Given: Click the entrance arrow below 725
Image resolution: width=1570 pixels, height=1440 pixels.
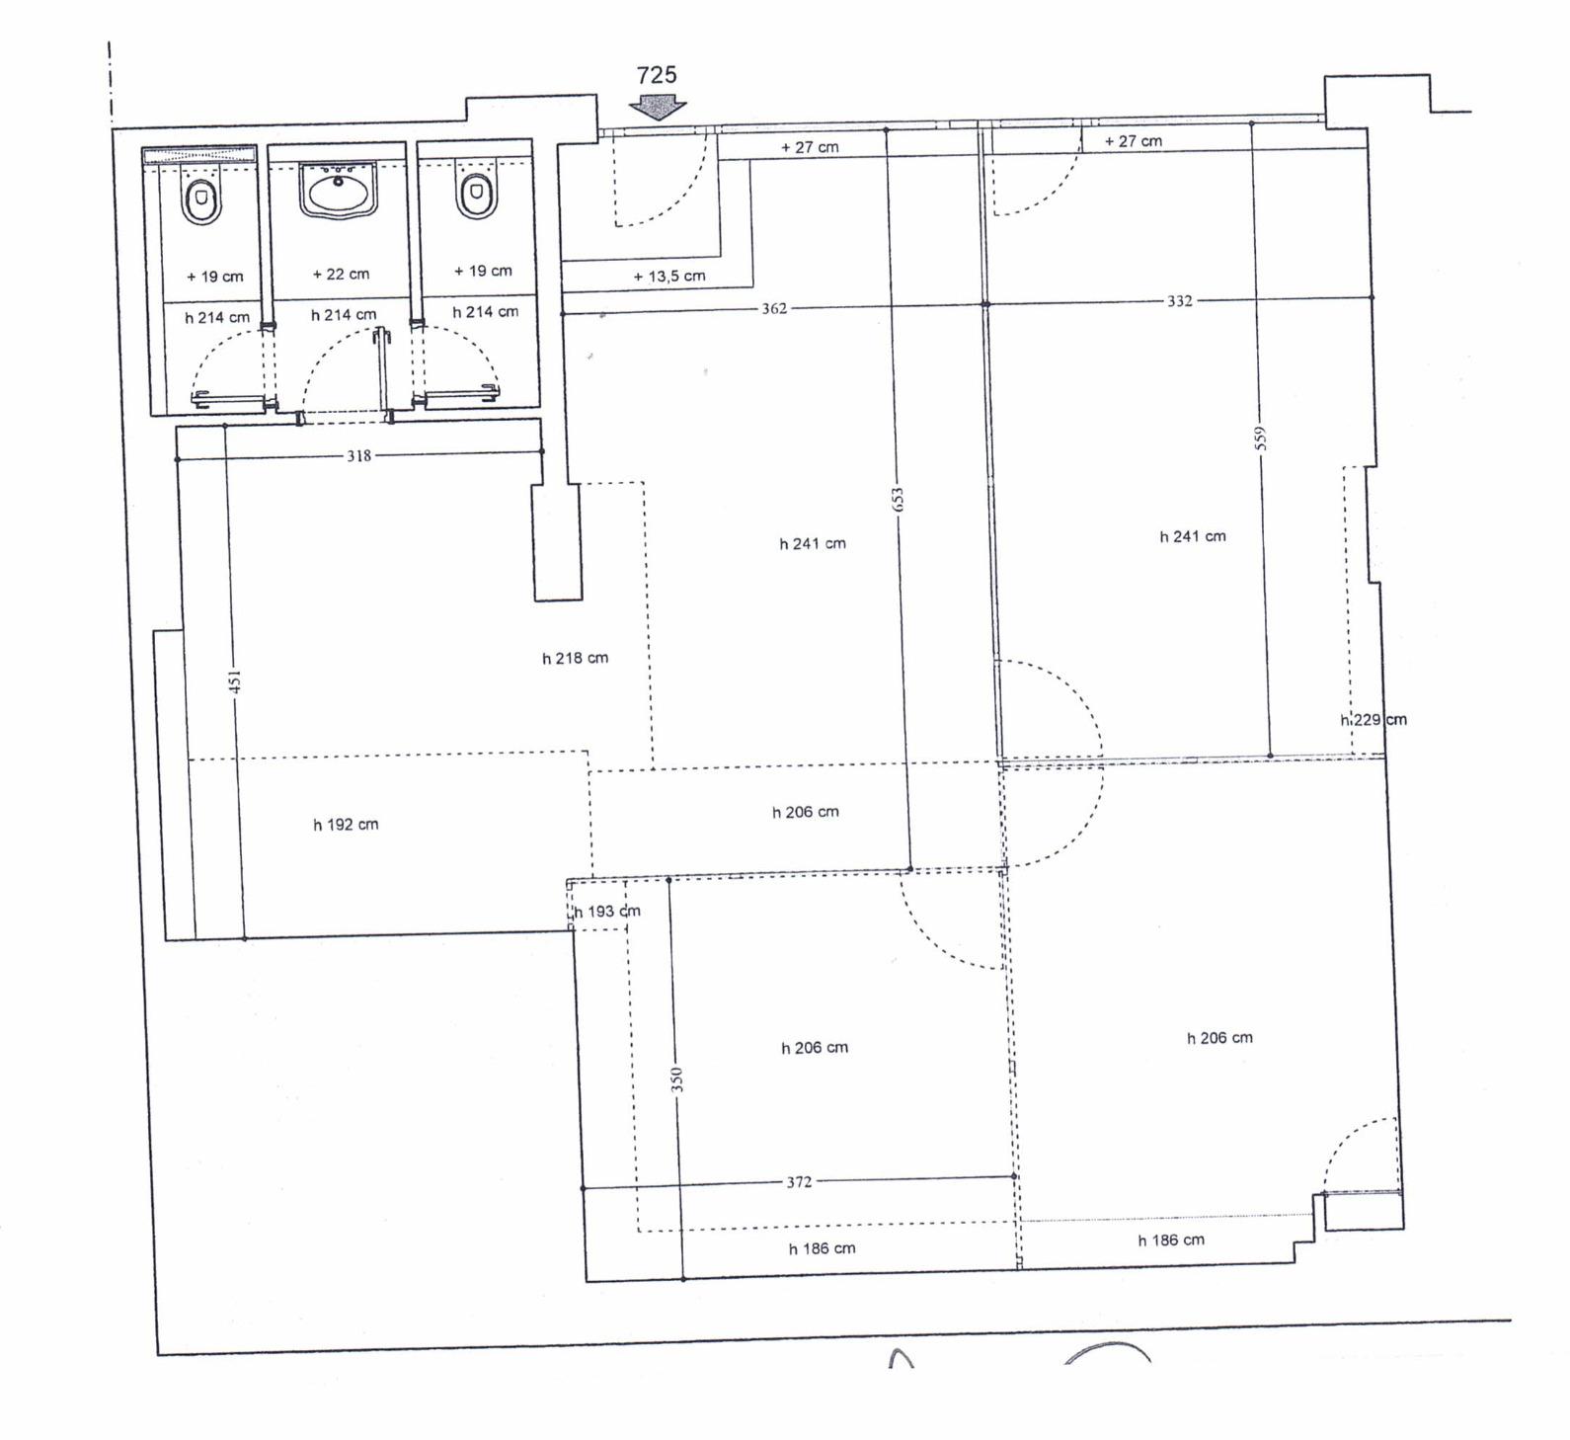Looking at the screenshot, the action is pyautogui.click(x=658, y=107).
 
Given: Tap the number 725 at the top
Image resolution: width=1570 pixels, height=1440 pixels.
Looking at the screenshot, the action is pyautogui.click(x=657, y=75).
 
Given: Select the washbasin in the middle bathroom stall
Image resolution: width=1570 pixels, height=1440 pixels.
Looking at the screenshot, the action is pyautogui.click(x=338, y=191).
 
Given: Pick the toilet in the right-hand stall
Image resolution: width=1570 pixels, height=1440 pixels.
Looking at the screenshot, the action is pyautogui.click(x=476, y=194).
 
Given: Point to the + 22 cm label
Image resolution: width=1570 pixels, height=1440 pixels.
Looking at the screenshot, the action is pyautogui.click(x=341, y=274).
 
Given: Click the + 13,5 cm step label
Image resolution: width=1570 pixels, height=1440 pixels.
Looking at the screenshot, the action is pyautogui.click(x=669, y=276).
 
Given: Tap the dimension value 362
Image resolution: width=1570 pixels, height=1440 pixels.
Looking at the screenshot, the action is pyautogui.click(x=774, y=308).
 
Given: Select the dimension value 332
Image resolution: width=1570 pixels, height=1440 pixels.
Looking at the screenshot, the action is pyautogui.click(x=1180, y=301).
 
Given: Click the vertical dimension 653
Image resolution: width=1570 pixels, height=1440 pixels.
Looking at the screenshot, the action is pyautogui.click(x=897, y=499).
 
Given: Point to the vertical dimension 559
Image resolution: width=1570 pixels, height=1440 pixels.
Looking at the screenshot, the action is pyautogui.click(x=1260, y=438).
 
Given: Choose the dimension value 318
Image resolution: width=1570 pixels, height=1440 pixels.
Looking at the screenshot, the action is pyautogui.click(x=358, y=455).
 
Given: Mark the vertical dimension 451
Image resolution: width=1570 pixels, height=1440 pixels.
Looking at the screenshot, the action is pyautogui.click(x=235, y=681).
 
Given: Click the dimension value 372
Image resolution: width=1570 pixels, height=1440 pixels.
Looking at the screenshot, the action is pyautogui.click(x=799, y=1181).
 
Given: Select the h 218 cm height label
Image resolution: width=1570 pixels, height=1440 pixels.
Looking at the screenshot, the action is pyautogui.click(x=575, y=658).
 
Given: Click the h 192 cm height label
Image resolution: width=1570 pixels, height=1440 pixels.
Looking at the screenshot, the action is pyautogui.click(x=346, y=824).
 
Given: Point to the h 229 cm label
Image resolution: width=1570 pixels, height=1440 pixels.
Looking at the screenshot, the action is pyautogui.click(x=1374, y=719).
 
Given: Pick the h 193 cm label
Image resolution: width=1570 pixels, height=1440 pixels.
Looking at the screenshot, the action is pyautogui.click(x=606, y=911).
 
